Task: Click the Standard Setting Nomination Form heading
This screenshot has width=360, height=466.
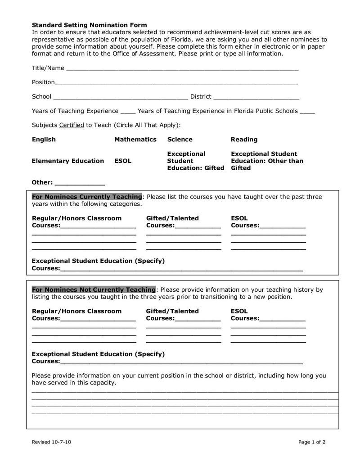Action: [89, 25]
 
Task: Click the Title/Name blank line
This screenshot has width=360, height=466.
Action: [182, 69]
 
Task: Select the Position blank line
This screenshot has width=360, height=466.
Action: [176, 83]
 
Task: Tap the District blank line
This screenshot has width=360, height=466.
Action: [256, 97]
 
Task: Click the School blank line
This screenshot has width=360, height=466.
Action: [121, 97]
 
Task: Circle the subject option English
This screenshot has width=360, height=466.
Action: [44, 140]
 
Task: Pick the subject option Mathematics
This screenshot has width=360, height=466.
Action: [135, 140]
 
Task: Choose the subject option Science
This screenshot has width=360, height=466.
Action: [180, 140]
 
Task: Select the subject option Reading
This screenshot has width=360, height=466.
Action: [244, 140]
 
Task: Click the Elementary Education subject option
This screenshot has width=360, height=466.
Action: [67, 161]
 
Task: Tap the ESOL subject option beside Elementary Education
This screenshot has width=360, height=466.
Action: [123, 161]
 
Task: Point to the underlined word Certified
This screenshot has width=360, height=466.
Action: [72, 125]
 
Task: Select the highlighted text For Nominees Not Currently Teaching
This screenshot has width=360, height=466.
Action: [94, 290]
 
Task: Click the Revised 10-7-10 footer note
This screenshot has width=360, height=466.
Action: [51, 442]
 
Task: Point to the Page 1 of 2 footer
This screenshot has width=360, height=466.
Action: [311, 442]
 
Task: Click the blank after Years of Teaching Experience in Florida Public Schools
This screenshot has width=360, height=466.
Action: [307, 112]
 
